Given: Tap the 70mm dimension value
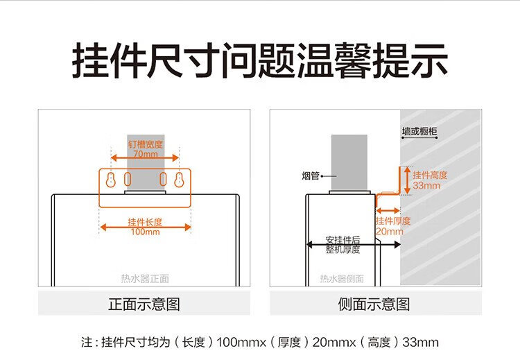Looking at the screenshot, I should point(145,155).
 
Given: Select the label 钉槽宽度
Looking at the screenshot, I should point(145,144).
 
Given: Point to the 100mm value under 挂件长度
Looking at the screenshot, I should point(145,232).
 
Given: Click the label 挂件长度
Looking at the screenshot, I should point(145,222).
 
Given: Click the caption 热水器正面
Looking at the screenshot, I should point(145,279).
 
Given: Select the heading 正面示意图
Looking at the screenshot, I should point(144,304).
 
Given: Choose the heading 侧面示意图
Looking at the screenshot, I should point(374,304).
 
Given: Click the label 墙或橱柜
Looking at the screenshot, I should point(423,130).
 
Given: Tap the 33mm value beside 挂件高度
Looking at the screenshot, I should point(426,186).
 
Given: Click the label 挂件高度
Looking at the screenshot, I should point(430,175).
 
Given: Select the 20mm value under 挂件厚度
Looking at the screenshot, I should point(389,232).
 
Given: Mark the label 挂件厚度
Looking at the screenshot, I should point(393,221).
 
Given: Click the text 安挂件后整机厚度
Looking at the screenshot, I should point(343,245).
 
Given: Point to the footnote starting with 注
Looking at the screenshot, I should point(260,342).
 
